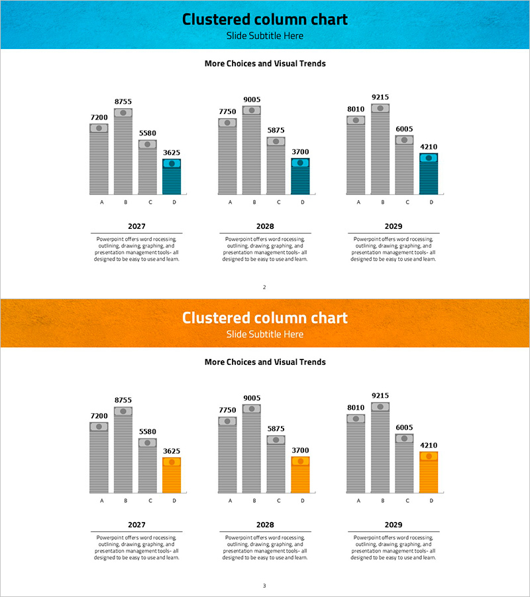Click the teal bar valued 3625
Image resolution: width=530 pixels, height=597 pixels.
(x=172, y=176)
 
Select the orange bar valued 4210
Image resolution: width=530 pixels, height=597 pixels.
(x=429, y=472)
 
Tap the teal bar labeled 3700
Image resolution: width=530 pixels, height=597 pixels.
(x=300, y=176)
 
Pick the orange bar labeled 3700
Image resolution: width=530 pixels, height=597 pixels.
(x=300, y=474)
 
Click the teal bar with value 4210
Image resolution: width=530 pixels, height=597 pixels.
(x=429, y=174)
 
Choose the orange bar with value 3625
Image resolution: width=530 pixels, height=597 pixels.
(x=172, y=475)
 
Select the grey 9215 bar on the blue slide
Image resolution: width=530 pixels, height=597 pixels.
(x=380, y=149)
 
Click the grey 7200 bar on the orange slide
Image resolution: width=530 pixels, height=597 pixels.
(x=99, y=458)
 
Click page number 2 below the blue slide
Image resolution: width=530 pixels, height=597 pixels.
(x=264, y=287)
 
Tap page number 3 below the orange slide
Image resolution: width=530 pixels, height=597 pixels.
(x=264, y=586)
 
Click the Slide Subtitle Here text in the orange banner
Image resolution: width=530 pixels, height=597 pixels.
(x=265, y=334)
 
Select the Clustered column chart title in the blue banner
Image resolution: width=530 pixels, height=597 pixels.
(x=265, y=19)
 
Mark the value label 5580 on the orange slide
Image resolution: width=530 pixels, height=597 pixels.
(x=148, y=432)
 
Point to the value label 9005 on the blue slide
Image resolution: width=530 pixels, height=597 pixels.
(x=252, y=100)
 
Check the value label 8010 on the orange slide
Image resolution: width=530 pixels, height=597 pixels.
(x=356, y=408)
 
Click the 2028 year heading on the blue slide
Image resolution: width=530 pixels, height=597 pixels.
(x=265, y=226)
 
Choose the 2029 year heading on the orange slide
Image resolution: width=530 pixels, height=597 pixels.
(x=394, y=525)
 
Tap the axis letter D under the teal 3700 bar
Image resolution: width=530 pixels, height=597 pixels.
(x=302, y=202)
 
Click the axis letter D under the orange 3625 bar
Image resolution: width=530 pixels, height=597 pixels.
(x=174, y=501)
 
